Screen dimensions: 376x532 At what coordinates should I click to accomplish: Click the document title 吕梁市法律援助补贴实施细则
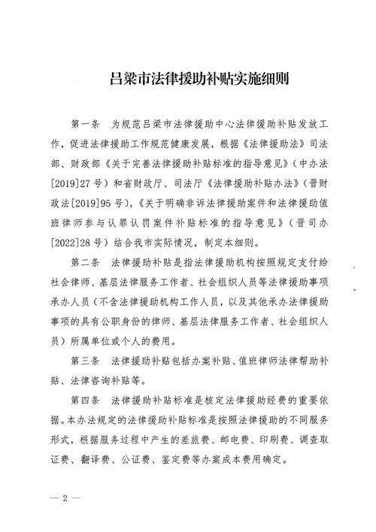(188, 77)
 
